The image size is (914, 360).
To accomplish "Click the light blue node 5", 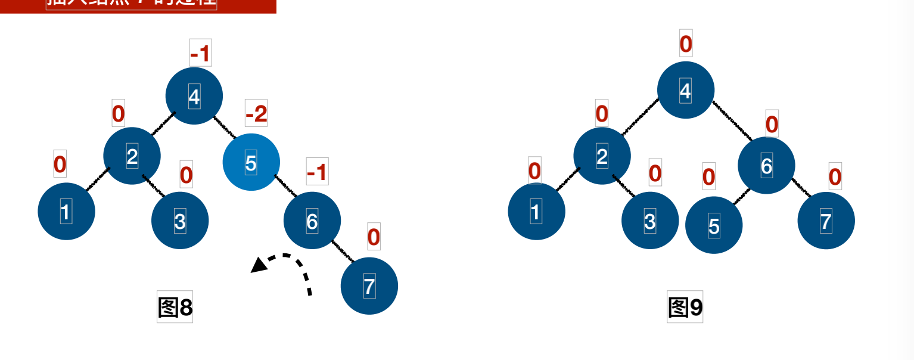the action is tap(251, 162).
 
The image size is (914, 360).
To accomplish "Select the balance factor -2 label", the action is tap(256, 114).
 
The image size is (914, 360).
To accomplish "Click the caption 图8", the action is tap(175, 308).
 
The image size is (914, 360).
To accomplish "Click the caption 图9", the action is tap(685, 308).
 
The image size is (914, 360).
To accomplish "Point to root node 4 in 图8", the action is tap(194, 96).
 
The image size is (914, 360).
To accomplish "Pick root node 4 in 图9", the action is tap(685, 91).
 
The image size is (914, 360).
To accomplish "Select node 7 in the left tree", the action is tap(369, 286).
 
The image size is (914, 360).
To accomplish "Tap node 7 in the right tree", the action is tap(826, 222).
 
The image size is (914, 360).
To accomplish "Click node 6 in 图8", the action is tap(312, 221).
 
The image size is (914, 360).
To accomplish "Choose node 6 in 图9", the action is tap(766, 166).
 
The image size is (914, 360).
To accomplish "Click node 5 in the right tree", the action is tap(714, 225).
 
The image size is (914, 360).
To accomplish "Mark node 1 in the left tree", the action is tap(66, 212).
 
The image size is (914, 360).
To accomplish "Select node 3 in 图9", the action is tap(650, 221).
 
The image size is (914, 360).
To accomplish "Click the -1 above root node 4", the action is tap(200, 54).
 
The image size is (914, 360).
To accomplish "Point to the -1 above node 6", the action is tap(317, 173).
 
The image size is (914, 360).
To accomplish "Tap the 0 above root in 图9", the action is tap(686, 44).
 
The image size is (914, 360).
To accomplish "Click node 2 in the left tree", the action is tap(132, 156).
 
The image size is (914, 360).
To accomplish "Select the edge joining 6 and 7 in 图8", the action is tap(343, 252).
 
